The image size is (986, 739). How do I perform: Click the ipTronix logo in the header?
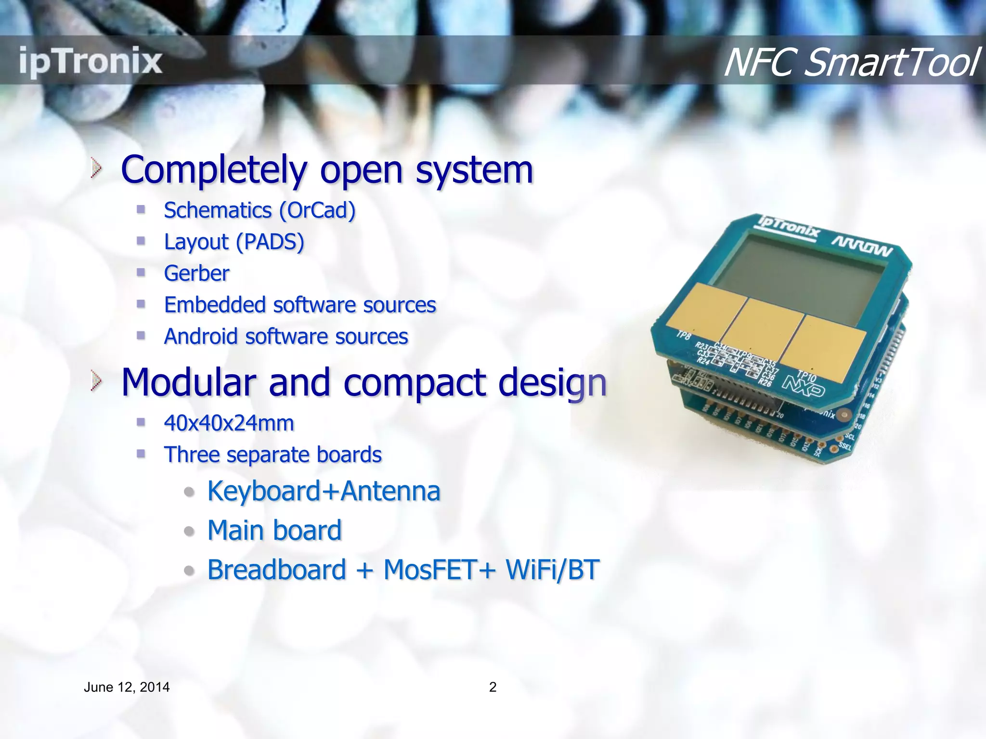click(91, 61)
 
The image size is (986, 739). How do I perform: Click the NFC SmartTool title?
click(850, 63)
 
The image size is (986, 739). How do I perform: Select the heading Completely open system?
click(327, 170)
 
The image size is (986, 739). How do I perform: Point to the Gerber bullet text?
click(196, 273)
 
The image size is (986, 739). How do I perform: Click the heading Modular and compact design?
click(363, 382)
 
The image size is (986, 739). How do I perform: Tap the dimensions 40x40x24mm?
click(229, 423)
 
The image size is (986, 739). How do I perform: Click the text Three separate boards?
click(272, 455)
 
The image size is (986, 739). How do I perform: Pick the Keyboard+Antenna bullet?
click(324, 491)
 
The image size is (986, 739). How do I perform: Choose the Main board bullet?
click(274, 530)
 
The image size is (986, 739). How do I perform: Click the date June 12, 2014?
click(127, 687)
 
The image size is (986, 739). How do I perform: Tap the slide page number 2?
click(493, 687)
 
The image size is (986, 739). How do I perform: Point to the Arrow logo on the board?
click(862, 247)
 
